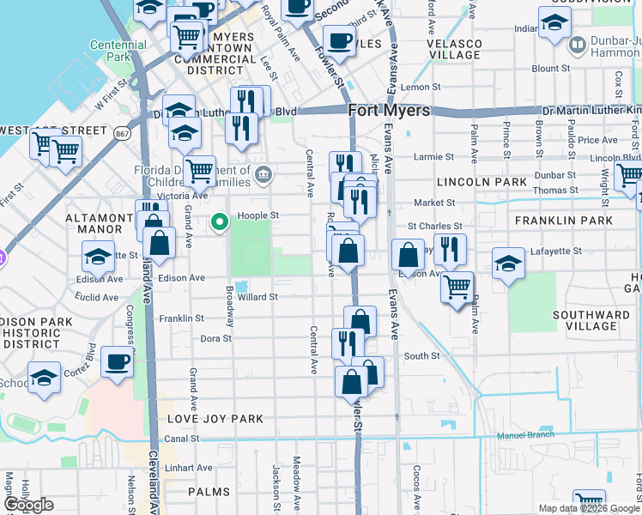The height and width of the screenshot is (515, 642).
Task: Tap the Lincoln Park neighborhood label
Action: pos(481,182)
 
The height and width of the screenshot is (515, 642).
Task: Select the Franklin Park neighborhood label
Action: pos(564,221)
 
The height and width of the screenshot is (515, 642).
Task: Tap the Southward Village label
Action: pos(585,320)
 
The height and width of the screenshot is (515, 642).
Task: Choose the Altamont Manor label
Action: pos(94,223)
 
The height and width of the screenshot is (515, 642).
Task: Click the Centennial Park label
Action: pos(118,51)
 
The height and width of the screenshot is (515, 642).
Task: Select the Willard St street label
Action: pos(257,297)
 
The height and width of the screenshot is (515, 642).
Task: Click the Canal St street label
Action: pos(182,438)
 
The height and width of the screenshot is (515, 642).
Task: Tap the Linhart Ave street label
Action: pos(190,468)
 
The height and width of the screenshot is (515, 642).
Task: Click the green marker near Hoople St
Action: pos(220,223)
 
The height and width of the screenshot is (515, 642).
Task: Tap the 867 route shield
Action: pos(121,132)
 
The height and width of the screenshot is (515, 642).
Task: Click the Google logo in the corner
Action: pos(28,505)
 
